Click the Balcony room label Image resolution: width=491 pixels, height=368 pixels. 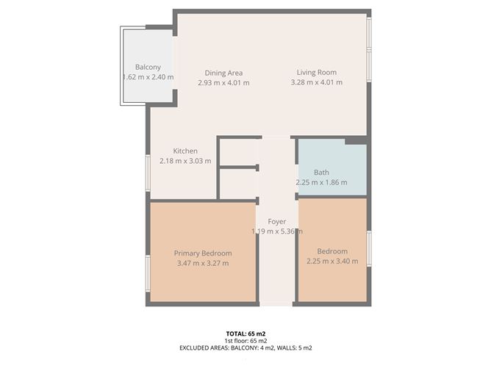[148, 67]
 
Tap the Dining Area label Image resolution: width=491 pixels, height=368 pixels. [223, 73]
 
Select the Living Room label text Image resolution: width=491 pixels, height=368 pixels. [316, 72]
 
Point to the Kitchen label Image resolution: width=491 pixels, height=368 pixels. [185, 151]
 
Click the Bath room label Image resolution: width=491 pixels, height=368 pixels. [321, 173]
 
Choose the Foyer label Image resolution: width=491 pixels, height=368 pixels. [276, 221]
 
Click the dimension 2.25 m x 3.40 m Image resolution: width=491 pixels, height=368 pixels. [332, 261]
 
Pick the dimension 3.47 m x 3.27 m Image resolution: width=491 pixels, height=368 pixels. [203, 263]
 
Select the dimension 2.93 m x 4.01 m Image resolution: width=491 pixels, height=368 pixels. [223, 82]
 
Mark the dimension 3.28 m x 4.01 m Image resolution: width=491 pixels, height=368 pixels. [316, 82]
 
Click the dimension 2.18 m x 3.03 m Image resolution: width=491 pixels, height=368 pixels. [185, 160]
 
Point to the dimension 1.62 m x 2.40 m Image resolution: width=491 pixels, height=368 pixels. [148, 76]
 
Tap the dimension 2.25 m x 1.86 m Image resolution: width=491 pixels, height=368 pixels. [321, 182]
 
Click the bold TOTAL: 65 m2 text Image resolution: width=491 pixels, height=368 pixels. [246, 333]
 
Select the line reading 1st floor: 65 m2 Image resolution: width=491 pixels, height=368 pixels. [246, 341]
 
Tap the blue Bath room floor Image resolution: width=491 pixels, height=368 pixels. [345, 158]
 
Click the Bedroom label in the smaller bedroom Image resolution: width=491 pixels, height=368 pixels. [332, 251]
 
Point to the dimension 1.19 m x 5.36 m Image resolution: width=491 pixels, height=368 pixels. [276, 231]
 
